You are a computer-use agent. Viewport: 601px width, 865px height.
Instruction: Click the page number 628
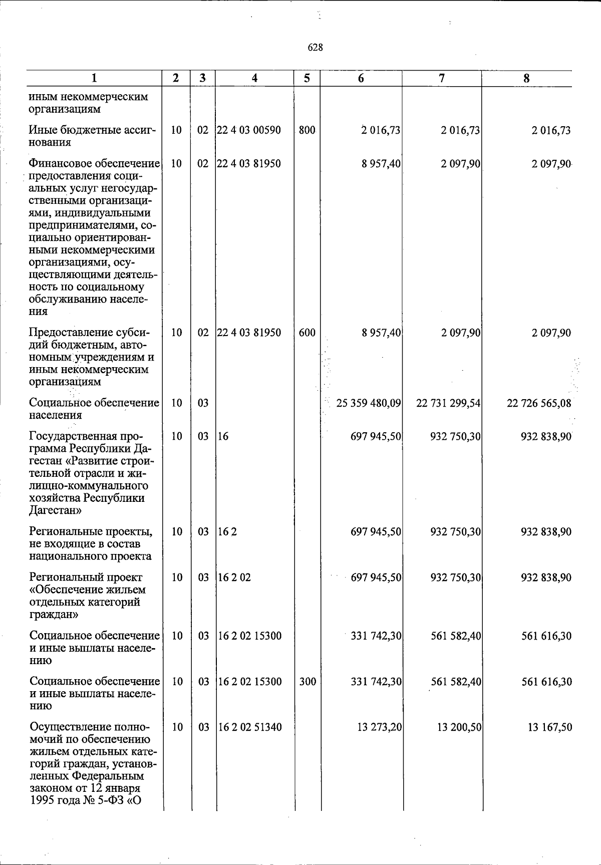coord(315,48)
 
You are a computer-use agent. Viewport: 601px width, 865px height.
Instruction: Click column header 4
coord(254,78)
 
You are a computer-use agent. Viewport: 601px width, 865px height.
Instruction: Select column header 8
coord(526,78)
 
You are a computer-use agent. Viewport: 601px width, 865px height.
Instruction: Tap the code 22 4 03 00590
coord(249,130)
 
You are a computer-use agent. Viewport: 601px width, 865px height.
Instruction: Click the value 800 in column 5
coord(306,130)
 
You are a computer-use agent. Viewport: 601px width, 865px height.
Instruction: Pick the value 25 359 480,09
coord(369,403)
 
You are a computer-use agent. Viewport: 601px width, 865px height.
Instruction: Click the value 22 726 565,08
coord(539,403)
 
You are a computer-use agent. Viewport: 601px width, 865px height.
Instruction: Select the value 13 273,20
coord(379,727)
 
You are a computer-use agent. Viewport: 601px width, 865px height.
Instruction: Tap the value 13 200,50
coord(459,727)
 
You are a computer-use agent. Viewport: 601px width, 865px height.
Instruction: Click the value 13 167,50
coord(549,727)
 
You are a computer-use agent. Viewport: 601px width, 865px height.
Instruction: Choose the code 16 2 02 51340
coord(249,727)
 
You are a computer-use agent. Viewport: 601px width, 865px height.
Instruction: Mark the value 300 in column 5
coord(307,682)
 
